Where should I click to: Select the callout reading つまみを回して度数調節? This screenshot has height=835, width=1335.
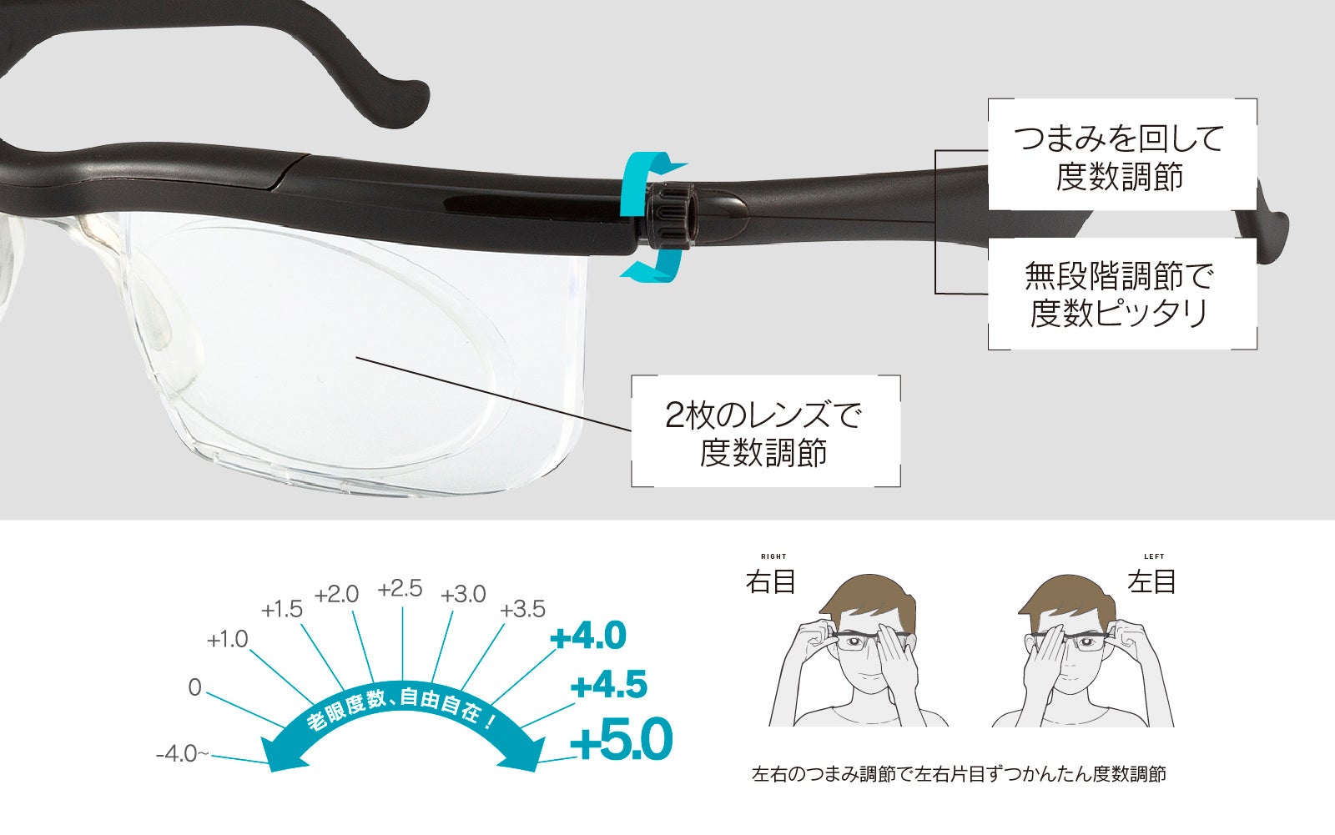(1121, 156)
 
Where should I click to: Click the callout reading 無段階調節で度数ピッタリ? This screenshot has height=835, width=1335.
(1121, 293)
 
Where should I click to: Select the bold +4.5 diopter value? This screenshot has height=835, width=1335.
(609, 686)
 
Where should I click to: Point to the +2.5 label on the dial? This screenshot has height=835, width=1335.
(400, 590)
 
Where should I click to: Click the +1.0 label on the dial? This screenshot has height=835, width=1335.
(227, 640)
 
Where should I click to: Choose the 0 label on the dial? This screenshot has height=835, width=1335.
(194, 687)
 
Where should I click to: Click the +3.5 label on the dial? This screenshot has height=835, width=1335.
(522, 610)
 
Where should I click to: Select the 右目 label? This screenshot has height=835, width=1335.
(770, 581)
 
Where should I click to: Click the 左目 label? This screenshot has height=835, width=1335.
(1151, 581)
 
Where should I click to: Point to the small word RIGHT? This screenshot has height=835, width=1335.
(773, 556)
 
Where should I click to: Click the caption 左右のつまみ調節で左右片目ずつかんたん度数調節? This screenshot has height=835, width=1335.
(959, 774)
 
